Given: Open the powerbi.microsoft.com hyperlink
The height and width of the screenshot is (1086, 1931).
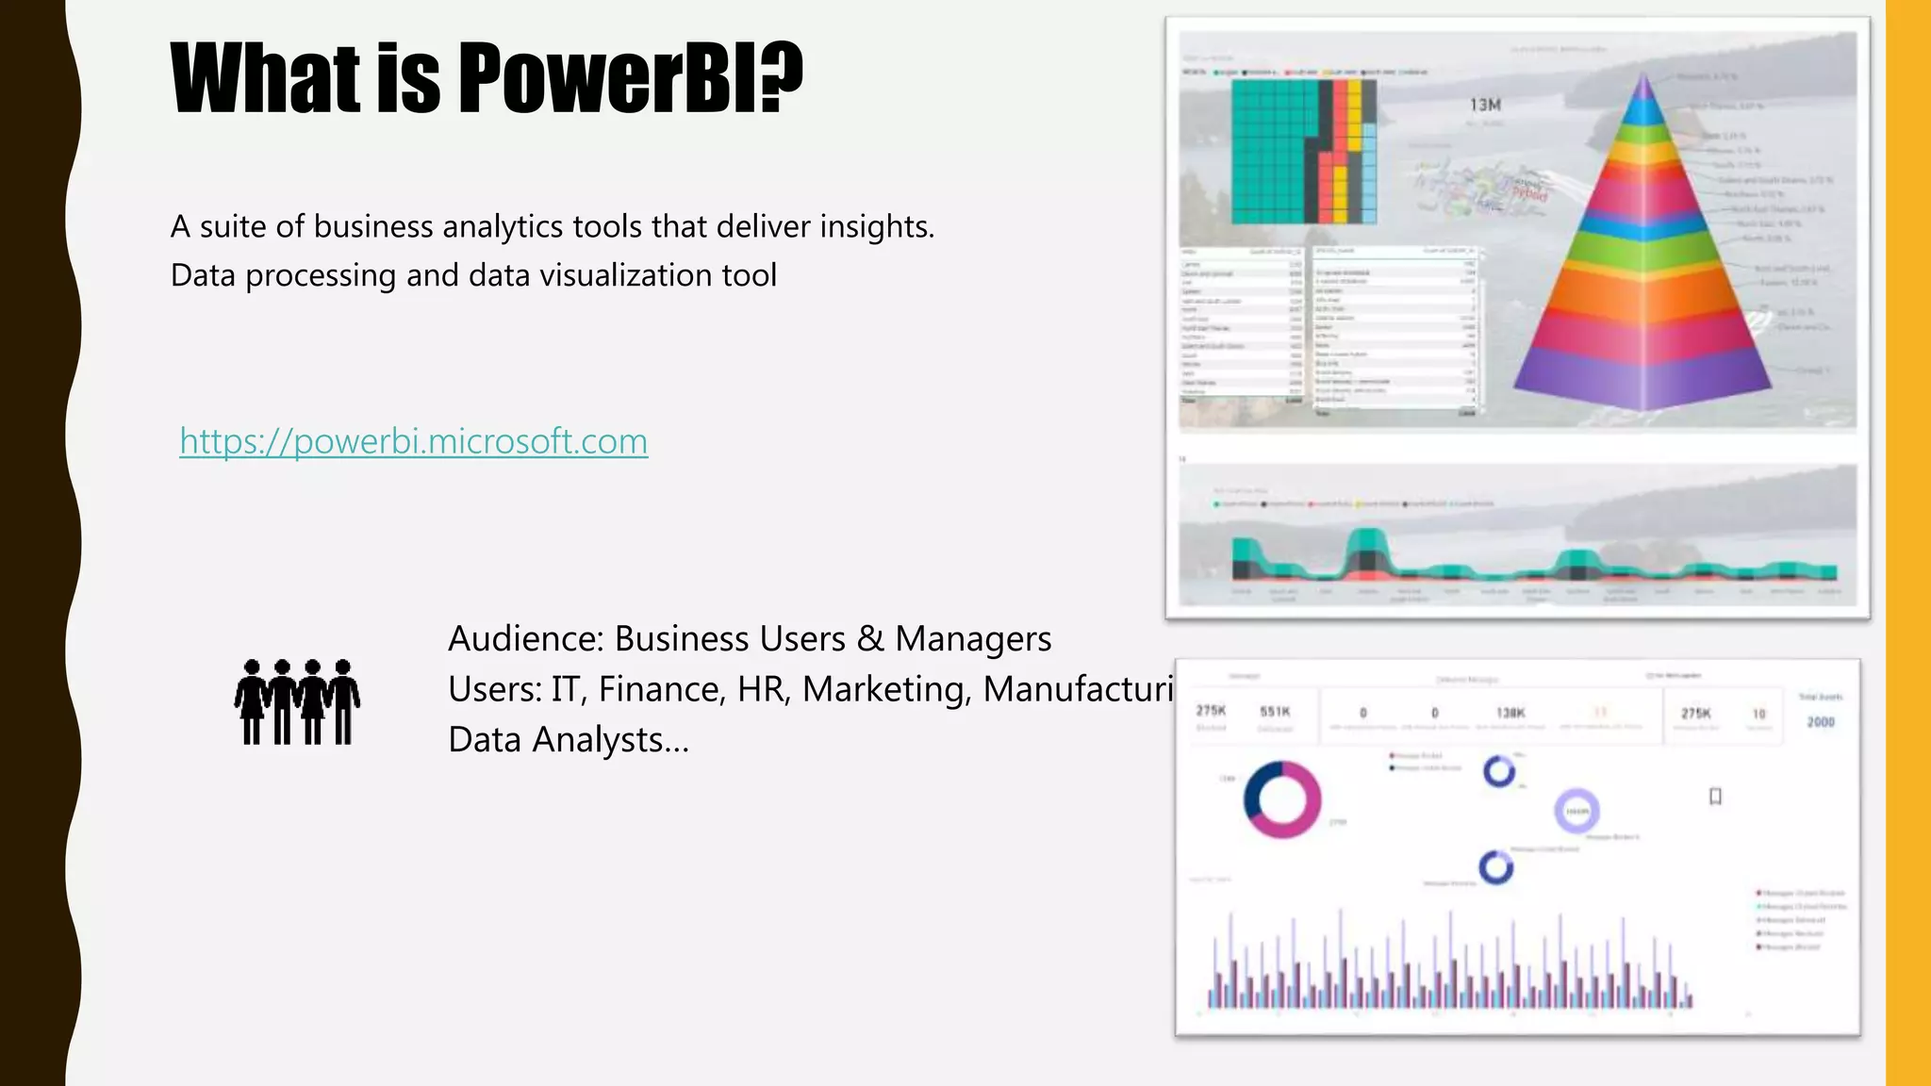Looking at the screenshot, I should click(x=413, y=441).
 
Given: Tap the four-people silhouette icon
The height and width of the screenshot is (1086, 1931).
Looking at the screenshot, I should click(x=297, y=702).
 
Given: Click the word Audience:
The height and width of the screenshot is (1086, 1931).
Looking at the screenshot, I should click(x=525, y=639).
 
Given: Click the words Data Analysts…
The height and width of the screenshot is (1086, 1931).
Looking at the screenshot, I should click(x=569, y=740).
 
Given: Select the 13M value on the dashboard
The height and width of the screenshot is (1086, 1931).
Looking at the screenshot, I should click(x=1485, y=105).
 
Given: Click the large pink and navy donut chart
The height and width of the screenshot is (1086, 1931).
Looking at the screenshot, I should click(x=1282, y=799).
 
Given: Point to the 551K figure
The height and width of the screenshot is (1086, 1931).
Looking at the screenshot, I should click(x=1275, y=712).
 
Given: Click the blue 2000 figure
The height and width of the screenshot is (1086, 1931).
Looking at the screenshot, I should click(x=1821, y=722).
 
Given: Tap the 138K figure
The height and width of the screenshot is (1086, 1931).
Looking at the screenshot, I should click(x=1510, y=714).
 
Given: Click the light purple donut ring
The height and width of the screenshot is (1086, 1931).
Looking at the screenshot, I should click(x=1576, y=811).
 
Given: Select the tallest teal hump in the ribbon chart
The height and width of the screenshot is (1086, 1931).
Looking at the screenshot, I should click(x=1365, y=545).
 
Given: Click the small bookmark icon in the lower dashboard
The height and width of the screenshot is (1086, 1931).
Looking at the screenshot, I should click(x=1715, y=797).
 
